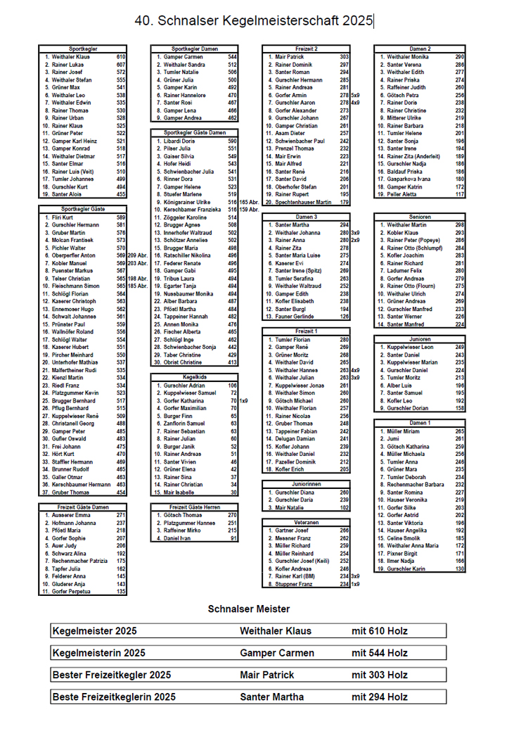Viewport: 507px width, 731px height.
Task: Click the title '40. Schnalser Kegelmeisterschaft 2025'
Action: pos(254,22)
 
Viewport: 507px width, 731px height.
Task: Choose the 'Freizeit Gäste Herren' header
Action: pos(193,507)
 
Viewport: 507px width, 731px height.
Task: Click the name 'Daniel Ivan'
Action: pos(177,538)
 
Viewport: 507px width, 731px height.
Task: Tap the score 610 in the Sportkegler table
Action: pos(120,56)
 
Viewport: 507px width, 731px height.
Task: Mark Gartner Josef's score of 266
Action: pos(344,530)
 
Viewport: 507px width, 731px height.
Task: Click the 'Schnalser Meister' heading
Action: pos(249,608)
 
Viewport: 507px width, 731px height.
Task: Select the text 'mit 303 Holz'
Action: pos(379,675)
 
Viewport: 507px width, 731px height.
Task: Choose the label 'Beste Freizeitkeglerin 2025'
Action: pos(114,697)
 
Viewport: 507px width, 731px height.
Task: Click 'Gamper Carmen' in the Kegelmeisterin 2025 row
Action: pos(267,653)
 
